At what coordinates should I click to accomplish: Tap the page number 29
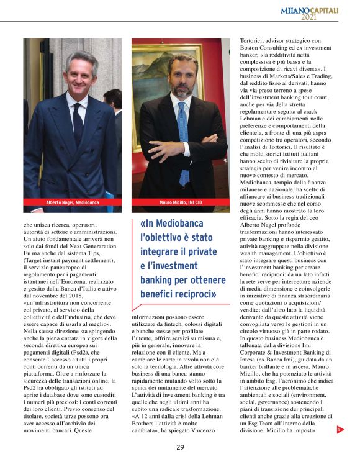tap(180, 446)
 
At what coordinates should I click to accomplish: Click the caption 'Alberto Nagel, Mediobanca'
tap(72, 202)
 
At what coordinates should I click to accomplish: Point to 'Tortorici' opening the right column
tap(248, 41)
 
